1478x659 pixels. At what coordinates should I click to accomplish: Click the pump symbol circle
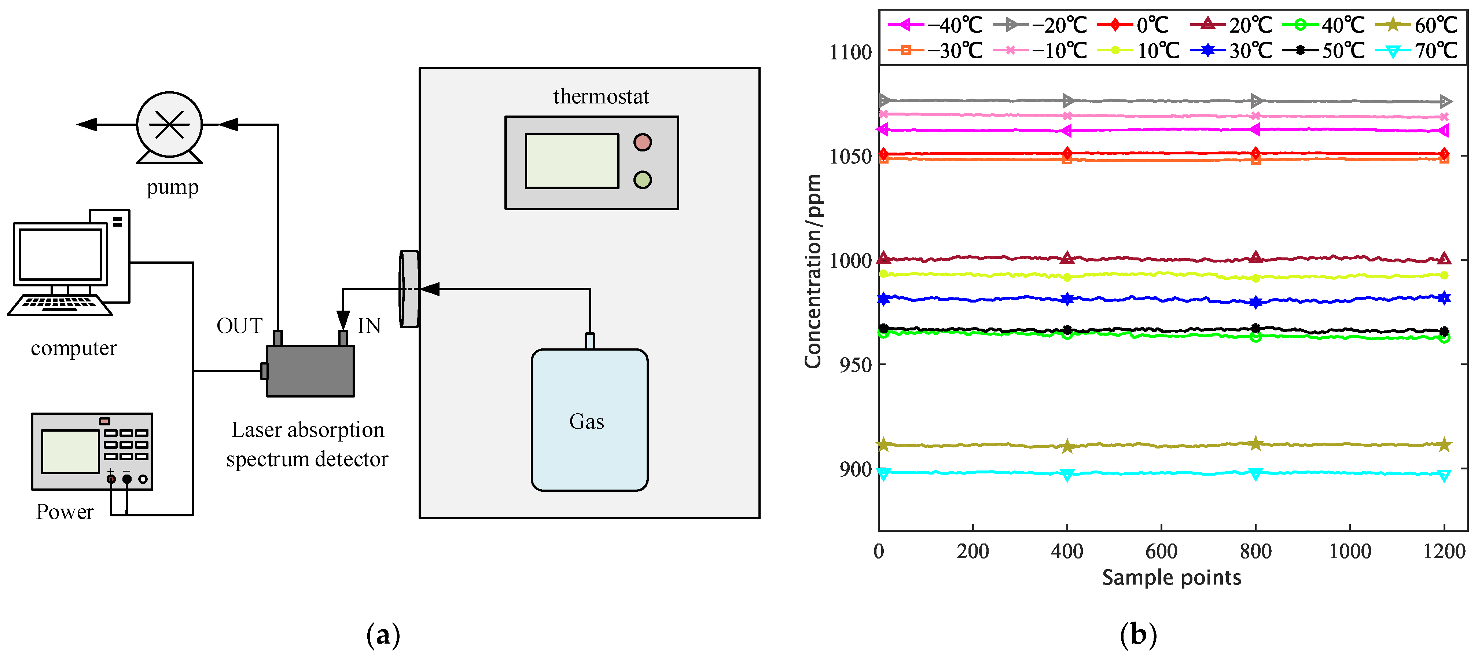coord(169,124)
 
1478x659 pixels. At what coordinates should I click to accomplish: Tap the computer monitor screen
coord(60,254)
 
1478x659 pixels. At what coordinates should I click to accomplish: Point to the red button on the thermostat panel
coord(642,142)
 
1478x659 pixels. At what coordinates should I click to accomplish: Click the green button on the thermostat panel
coord(642,180)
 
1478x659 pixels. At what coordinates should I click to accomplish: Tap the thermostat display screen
coord(571,161)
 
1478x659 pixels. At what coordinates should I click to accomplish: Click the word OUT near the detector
coord(239,326)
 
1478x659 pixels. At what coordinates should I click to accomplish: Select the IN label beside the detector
coord(369,326)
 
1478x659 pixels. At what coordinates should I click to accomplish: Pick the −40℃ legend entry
coord(935,25)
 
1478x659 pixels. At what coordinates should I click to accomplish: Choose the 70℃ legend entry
coord(1417,51)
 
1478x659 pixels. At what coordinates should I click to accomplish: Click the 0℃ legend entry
coord(1133,25)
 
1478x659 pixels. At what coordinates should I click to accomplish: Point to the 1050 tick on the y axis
coord(851,156)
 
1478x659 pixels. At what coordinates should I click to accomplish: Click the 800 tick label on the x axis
coord(1255,552)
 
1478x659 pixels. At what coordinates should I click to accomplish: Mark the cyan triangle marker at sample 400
coord(1067,475)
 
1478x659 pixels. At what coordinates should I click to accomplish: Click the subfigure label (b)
coord(1138,635)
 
